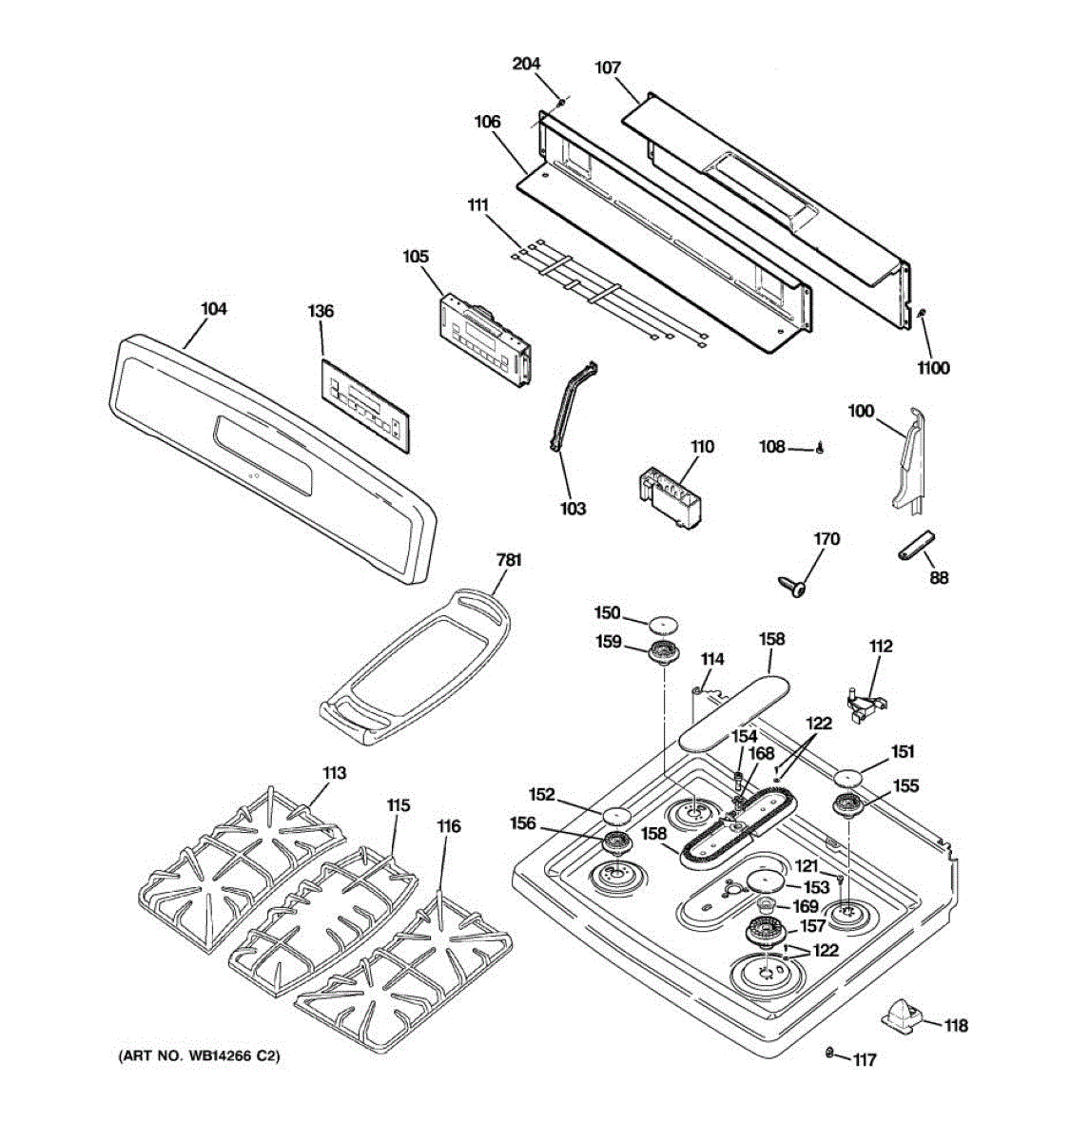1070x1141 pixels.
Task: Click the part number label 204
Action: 526,64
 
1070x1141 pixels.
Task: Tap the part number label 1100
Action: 932,368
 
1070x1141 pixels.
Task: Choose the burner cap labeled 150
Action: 664,624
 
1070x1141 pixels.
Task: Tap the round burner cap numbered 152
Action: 617,816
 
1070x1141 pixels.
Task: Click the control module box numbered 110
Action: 671,493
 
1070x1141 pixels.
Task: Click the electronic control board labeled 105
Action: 483,340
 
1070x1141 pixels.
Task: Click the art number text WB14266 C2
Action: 199,1055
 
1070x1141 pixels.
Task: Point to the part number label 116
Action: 448,826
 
